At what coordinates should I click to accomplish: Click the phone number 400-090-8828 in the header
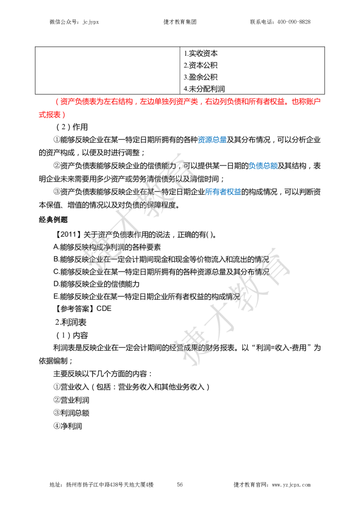(x=293, y=22)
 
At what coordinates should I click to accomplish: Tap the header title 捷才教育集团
(x=180, y=22)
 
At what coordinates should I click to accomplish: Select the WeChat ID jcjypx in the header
(x=90, y=22)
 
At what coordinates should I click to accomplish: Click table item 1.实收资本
(x=201, y=53)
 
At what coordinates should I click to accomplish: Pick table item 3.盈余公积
(x=201, y=77)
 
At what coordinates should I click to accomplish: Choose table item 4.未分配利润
(x=204, y=89)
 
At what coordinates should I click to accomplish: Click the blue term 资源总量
(x=212, y=140)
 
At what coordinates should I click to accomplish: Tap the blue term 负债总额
(x=263, y=166)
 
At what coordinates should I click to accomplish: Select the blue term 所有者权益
(x=223, y=192)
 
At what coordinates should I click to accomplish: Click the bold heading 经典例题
(x=53, y=220)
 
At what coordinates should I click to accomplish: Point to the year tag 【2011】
(x=67, y=235)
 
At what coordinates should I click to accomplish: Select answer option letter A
(x=56, y=247)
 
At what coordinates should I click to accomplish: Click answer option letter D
(x=56, y=284)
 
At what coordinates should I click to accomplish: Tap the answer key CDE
(x=104, y=308)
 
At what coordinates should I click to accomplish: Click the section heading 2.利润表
(x=71, y=322)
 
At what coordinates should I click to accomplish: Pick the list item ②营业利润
(x=71, y=400)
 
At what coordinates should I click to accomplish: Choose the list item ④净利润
(x=68, y=426)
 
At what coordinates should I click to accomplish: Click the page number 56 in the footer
(x=180, y=485)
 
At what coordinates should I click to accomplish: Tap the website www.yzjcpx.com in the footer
(x=291, y=485)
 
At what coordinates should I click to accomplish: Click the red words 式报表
(x=49, y=114)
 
